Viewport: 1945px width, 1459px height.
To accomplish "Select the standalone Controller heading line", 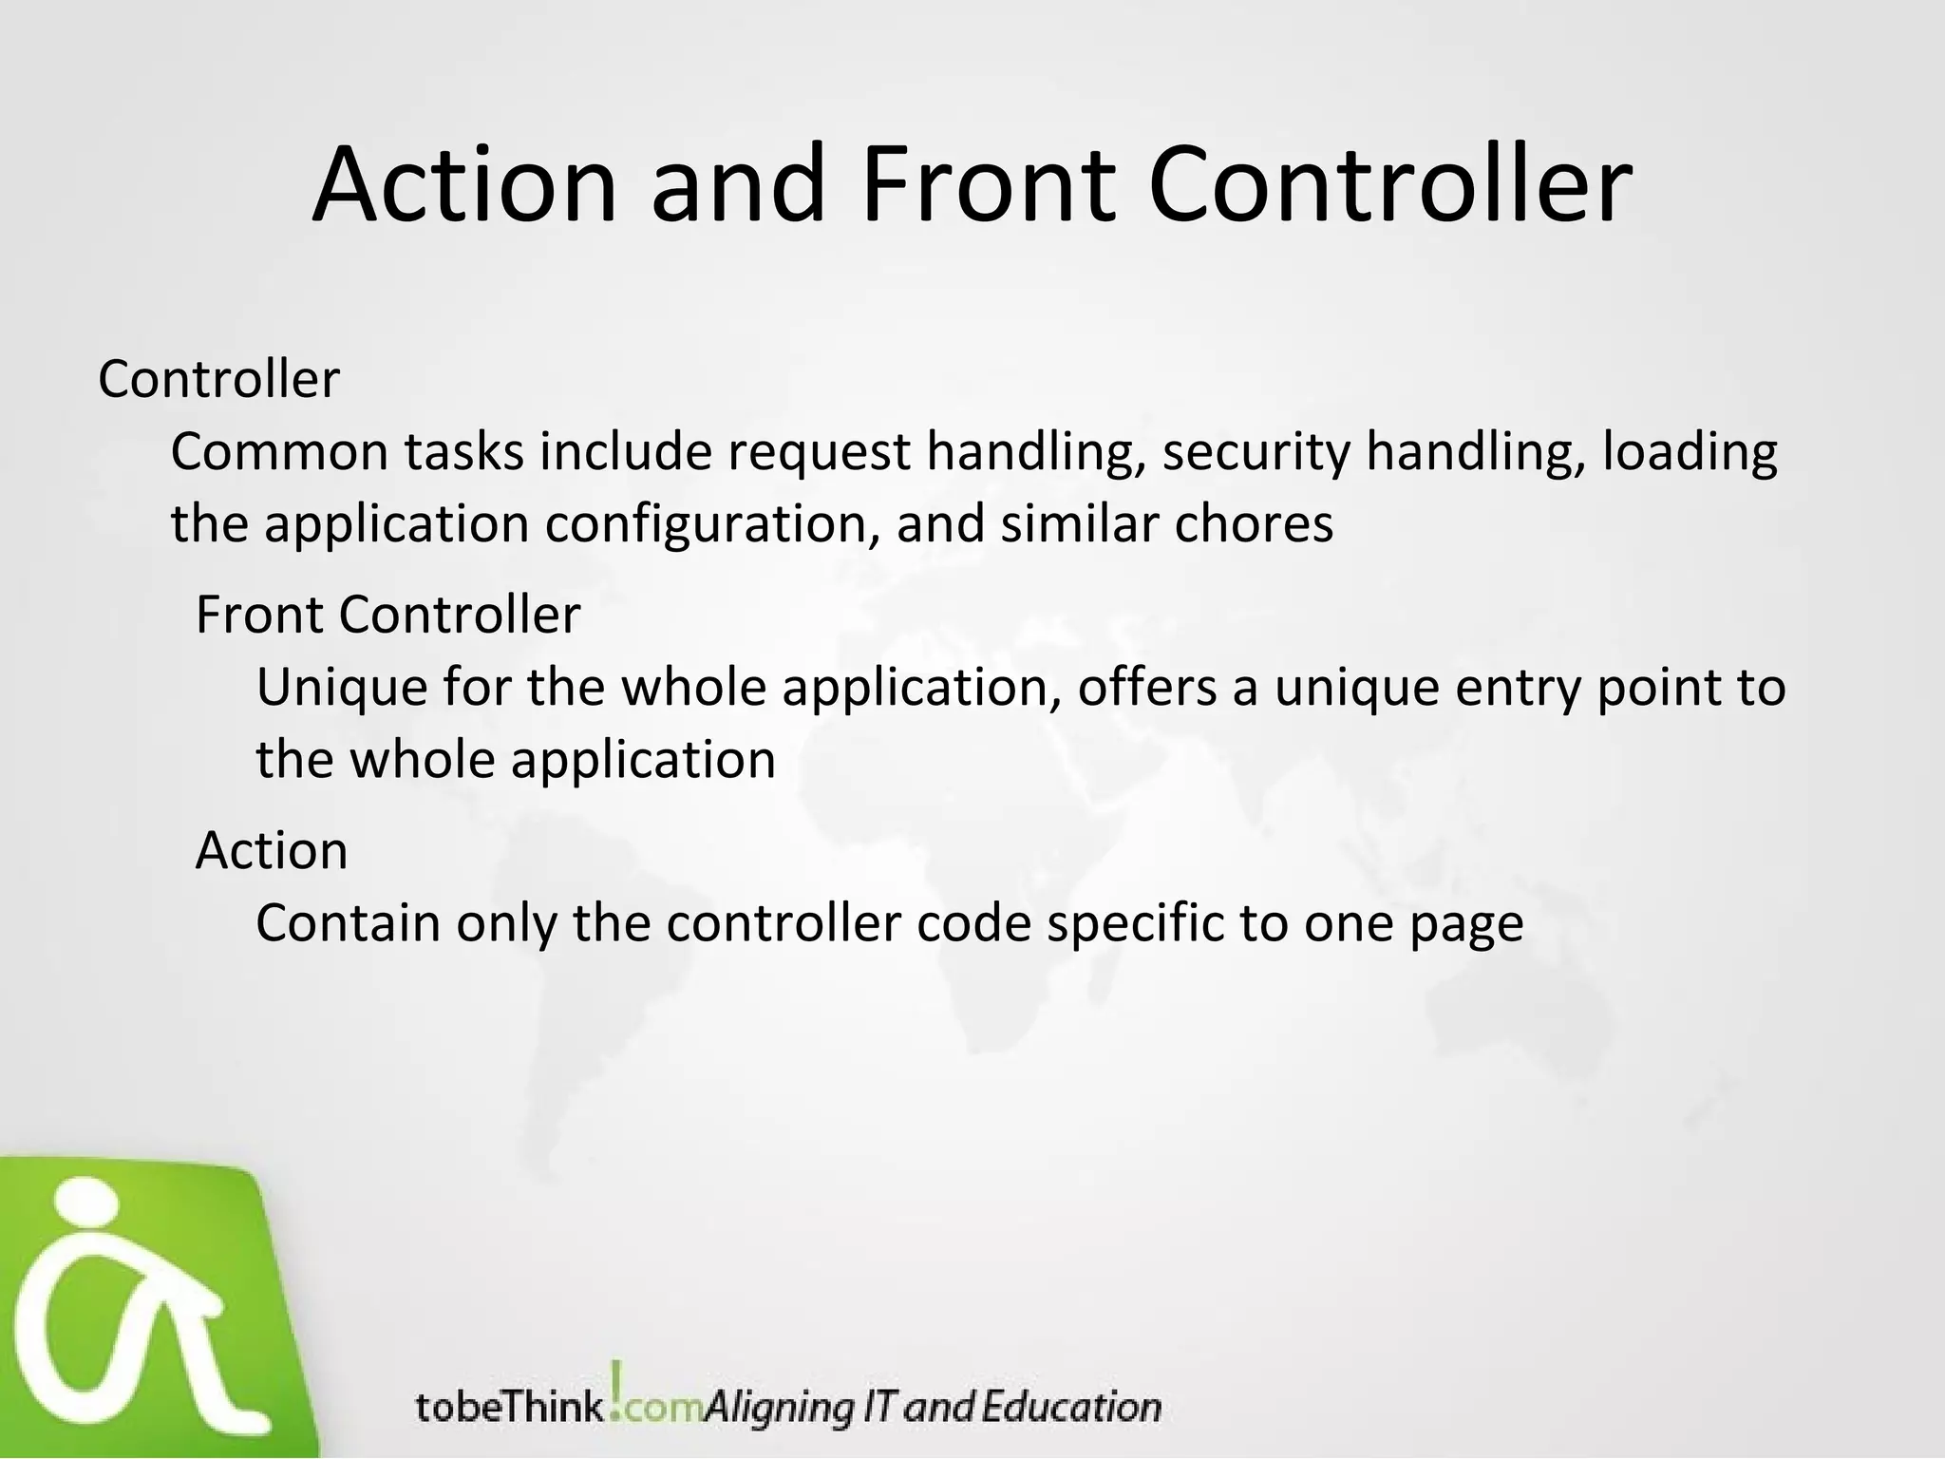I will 218,380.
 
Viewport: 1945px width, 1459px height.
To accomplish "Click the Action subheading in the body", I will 272,850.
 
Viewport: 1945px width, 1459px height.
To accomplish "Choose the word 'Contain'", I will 348,923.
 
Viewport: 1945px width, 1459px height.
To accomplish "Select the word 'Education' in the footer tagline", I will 1071,1407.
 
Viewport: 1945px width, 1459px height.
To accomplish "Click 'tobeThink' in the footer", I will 509,1407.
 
